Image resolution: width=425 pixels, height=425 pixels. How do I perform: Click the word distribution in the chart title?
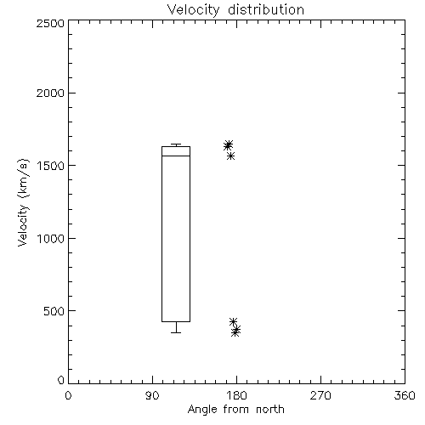tap(266, 9)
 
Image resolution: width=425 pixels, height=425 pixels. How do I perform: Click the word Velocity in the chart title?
tap(194, 10)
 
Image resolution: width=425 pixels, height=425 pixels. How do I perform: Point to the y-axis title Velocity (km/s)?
tap(23, 202)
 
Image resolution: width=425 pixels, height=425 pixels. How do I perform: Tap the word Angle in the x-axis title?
tap(202, 410)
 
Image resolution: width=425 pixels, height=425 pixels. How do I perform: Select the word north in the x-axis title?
tap(270, 410)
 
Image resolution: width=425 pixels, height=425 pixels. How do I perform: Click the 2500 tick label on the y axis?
tap(50, 23)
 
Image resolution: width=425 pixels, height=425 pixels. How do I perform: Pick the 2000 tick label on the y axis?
tap(50, 93)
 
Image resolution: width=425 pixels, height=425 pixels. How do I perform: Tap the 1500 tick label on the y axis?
tap(51, 166)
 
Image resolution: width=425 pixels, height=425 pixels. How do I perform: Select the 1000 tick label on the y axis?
tap(51, 238)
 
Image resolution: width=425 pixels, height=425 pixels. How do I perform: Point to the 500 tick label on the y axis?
tap(54, 311)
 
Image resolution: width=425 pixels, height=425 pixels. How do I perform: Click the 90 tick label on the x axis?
tap(152, 395)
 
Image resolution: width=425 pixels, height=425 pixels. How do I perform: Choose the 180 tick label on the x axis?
tap(236, 395)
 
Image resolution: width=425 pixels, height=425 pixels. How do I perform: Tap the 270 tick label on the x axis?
tap(320, 395)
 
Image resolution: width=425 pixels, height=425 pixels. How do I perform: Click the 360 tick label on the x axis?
tap(405, 395)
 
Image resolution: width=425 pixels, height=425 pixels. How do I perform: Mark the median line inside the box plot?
tap(176, 156)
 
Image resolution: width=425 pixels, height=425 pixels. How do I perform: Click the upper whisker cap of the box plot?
tap(176, 144)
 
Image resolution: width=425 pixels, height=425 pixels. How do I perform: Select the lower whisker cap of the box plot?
tap(176, 332)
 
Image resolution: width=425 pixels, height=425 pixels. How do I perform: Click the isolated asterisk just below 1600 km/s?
tap(230, 156)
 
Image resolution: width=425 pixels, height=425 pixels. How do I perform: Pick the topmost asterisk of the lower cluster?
tap(233, 321)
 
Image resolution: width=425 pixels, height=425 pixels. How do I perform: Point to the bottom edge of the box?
tap(176, 321)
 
